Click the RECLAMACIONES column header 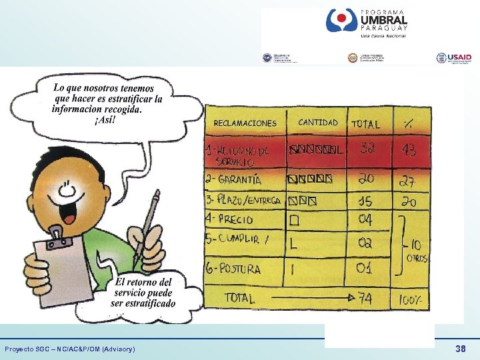coord(245,123)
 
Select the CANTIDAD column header coord(318,123)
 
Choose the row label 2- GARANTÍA coord(233,179)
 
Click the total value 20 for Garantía coord(366,179)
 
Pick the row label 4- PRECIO coord(229,219)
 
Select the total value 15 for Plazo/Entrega coord(365,200)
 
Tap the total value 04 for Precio coord(365,219)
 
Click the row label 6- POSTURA coord(233,269)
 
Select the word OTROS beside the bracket coord(419,258)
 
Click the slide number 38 coord(460,349)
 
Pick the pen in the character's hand coord(151,221)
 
